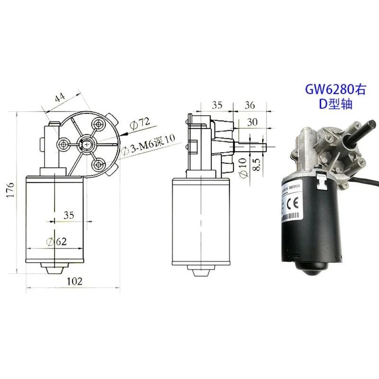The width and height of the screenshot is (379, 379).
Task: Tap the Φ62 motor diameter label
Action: point(57,241)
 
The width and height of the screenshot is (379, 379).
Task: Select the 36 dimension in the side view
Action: point(249,105)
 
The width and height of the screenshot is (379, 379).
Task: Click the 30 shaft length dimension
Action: point(252,122)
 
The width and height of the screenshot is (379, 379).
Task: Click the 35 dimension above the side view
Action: point(217,105)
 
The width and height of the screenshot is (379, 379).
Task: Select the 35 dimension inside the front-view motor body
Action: point(69,215)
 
